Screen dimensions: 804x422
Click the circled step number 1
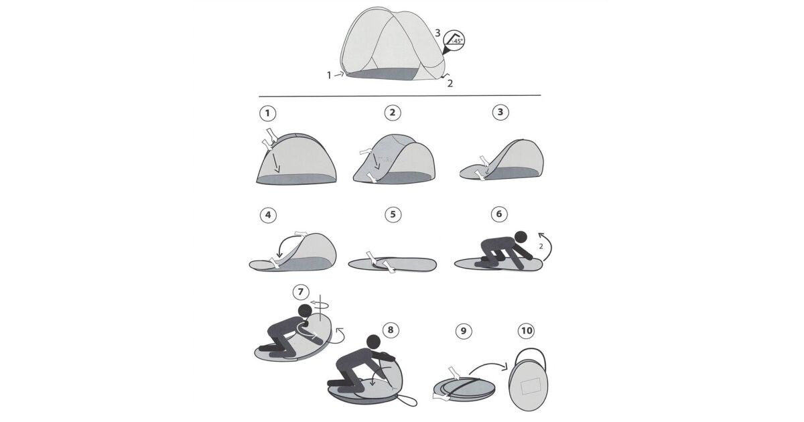tap(267, 113)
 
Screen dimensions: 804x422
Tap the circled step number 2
tap(393, 113)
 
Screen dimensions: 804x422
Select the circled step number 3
tap(500, 113)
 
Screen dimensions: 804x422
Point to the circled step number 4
tap(268, 215)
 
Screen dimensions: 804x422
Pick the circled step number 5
tap(393, 214)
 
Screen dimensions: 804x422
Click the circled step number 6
tap(499, 214)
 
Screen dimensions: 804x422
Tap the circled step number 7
tap(301, 292)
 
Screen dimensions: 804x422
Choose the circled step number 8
tap(391, 330)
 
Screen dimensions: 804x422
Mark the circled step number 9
tap(464, 330)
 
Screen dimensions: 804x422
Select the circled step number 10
tap(526, 330)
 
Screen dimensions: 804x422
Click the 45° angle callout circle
tap(454, 40)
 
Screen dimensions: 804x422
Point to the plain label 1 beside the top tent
tap(329, 75)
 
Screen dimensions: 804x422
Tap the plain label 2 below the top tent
tap(450, 84)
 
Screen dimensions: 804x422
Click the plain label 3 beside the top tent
tap(438, 33)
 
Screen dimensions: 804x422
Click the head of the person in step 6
tap(521, 237)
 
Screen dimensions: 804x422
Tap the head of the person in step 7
tap(305, 311)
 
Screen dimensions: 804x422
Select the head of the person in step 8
tap(373, 342)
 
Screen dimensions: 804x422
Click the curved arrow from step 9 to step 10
tap(488, 365)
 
